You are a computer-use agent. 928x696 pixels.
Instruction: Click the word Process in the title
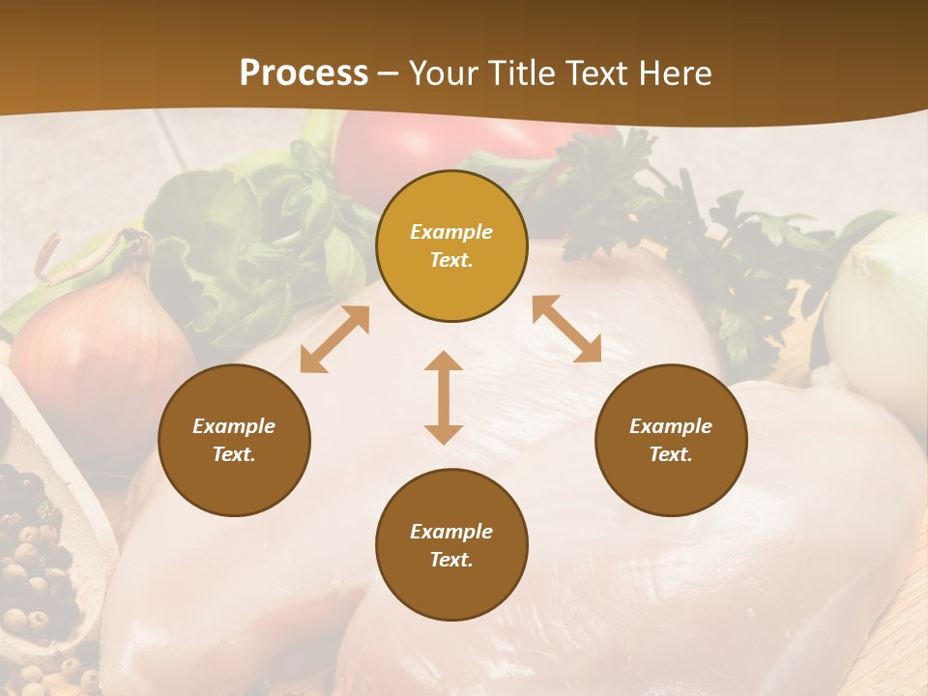tap(304, 73)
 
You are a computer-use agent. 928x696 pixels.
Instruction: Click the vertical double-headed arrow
tap(444, 397)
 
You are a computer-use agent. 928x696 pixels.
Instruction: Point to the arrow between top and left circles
tap(334, 339)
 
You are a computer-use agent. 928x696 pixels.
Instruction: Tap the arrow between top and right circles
tap(566, 329)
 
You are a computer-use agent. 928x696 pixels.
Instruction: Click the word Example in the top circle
tap(451, 232)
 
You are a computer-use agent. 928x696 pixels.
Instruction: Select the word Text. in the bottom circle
tap(451, 560)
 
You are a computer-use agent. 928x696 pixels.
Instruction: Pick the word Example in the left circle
tap(234, 426)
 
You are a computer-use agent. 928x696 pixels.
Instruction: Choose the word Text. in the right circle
tap(671, 454)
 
